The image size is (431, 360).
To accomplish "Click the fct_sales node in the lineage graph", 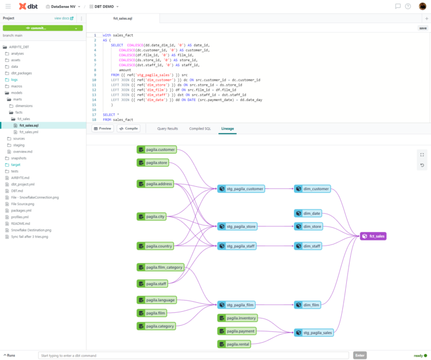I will [x=373, y=237].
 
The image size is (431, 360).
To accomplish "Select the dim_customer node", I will [x=313, y=189].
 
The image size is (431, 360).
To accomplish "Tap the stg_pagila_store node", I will [x=237, y=227].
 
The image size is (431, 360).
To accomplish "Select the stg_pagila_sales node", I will [x=314, y=333].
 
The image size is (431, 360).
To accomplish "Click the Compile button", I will [x=129, y=128].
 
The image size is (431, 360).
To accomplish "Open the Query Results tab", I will [x=167, y=128].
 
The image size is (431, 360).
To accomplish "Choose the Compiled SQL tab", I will [x=200, y=128].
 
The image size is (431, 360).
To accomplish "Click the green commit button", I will [x=43, y=27].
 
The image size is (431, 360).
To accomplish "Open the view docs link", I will [x=63, y=18].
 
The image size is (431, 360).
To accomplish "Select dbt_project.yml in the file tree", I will [x=22, y=184].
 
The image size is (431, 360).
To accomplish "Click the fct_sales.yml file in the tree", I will [x=29, y=132].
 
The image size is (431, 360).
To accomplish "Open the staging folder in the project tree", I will [x=19, y=145].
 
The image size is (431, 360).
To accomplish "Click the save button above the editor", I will [x=422, y=27].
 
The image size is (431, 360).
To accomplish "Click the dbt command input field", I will [x=194, y=355].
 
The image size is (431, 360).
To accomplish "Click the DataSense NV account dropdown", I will [x=65, y=6].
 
